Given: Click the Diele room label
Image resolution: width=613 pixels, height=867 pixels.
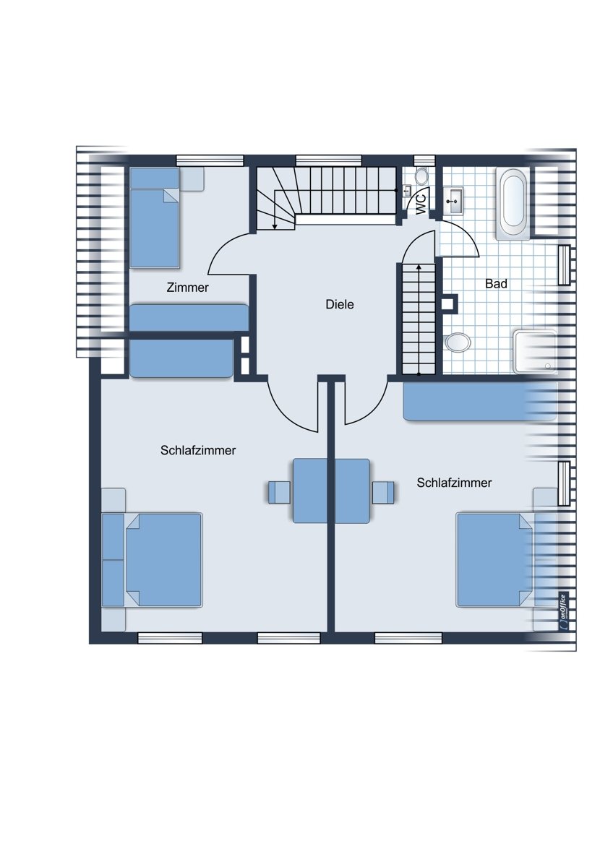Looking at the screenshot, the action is pyautogui.click(x=340, y=304).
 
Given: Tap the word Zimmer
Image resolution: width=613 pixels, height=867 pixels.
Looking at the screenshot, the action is pyautogui.click(x=187, y=288).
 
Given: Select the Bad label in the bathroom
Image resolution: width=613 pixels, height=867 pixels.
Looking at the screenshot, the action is pyautogui.click(x=496, y=284).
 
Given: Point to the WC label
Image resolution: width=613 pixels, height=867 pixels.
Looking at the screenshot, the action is pyautogui.click(x=421, y=204).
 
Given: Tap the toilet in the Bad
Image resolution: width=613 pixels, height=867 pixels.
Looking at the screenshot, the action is pyautogui.click(x=458, y=342).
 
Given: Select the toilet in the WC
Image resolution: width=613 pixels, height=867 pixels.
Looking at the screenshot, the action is pyautogui.click(x=421, y=176).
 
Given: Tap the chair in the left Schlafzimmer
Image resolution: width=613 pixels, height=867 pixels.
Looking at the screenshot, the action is pyautogui.click(x=279, y=492).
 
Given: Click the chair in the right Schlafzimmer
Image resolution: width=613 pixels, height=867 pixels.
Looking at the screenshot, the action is pyautogui.click(x=383, y=492).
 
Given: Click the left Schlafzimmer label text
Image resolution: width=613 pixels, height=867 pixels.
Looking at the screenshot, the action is pyautogui.click(x=198, y=451).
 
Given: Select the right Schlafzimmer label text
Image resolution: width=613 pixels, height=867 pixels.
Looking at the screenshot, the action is pyautogui.click(x=454, y=483).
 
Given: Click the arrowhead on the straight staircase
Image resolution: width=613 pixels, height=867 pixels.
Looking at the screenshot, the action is pyautogui.click(x=419, y=267).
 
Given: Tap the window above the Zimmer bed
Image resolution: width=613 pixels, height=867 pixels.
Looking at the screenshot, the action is pyautogui.click(x=210, y=160).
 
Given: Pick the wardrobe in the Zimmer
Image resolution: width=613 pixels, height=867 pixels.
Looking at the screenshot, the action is pyautogui.click(x=189, y=318).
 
